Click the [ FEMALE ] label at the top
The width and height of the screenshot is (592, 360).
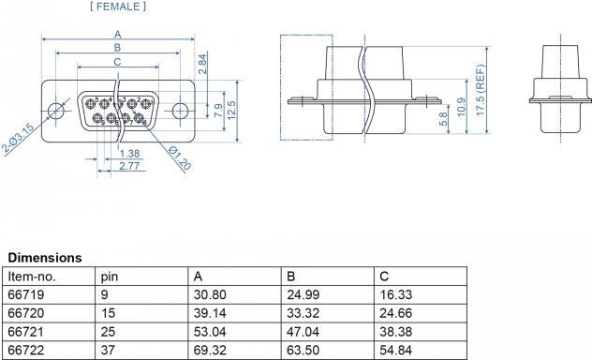click(x=118, y=7)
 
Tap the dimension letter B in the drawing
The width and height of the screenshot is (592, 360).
click(x=116, y=48)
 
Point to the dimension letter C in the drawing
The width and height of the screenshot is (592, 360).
click(x=116, y=62)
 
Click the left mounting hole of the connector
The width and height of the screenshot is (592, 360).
click(x=57, y=109)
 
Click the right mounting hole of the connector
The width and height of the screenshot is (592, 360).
click(x=177, y=109)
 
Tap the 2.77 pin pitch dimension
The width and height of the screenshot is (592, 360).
click(x=130, y=165)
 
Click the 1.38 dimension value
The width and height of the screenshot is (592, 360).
click(x=130, y=153)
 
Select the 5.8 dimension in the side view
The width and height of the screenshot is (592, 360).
click(x=442, y=120)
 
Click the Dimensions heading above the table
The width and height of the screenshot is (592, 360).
click(x=45, y=257)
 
